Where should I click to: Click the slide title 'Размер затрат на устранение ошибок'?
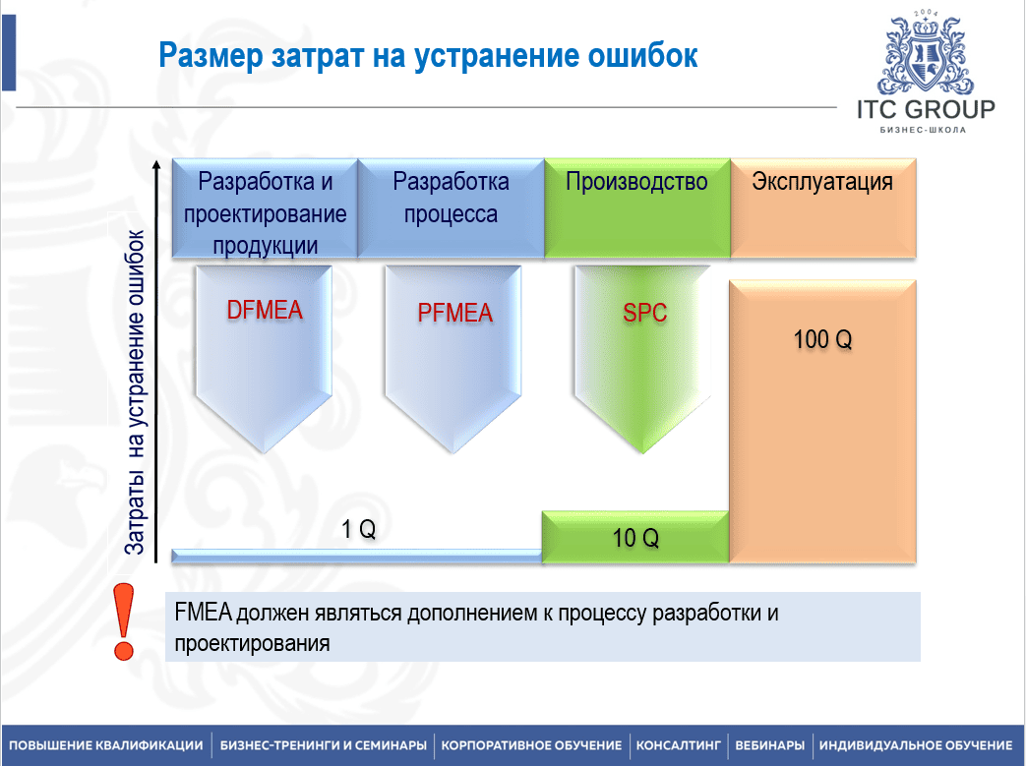coord(428,56)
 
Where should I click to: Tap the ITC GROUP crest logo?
coord(926,53)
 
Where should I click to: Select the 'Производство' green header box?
coord(636,208)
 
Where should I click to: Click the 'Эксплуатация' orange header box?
coord(822,208)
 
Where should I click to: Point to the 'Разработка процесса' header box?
coord(451,208)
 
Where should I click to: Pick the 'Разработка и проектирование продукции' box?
coord(265,208)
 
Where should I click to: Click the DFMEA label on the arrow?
coord(265,310)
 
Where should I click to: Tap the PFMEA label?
coord(454,313)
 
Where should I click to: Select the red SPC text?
coord(644,313)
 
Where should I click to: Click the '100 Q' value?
coord(822,339)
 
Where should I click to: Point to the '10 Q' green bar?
coord(635,537)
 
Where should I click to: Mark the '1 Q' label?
coord(359,529)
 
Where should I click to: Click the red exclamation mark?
coord(123,621)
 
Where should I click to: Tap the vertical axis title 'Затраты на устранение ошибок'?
coord(135,392)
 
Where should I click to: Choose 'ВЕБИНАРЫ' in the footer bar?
coord(769,745)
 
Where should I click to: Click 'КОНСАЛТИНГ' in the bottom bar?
coord(678,745)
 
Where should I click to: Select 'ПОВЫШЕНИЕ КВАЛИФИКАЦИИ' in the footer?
coord(106,745)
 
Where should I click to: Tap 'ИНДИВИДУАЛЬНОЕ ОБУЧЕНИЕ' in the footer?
coord(916,745)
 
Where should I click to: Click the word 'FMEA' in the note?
coord(203,613)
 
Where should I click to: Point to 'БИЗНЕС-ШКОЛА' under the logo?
coord(923,130)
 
